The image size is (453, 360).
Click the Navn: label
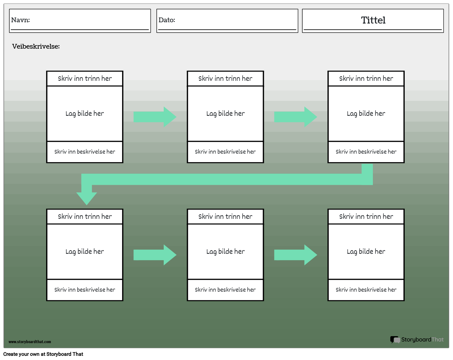tap(20, 20)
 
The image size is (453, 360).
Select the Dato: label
tap(167, 20)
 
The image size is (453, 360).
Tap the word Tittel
tap(373, 20)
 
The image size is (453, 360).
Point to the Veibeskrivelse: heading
tap(36, 46)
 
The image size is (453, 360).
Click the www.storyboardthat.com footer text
tap(30, 342)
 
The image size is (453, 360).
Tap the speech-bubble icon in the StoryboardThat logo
tap(395, 340)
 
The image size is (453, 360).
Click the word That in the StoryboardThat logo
tap(437, 340)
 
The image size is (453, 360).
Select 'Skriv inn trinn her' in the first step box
tap(85, 79)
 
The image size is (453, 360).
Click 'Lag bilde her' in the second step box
tap(225, 114)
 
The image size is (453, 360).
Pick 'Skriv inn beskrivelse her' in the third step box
tap(366, 152)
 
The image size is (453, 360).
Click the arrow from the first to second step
tap(155, 117)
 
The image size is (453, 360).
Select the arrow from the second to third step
tap(295, 117)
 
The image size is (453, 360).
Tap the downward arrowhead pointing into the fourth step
tap(86, 198)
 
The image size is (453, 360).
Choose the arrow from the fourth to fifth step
tap(155, 255)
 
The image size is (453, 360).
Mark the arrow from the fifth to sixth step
tap(295, 255)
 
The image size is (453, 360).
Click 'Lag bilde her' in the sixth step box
tap(366, 252)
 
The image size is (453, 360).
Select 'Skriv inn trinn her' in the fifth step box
tap(225, 217)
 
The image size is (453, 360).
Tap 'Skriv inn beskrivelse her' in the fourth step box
tap(85, 290)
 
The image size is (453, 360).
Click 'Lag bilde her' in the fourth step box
tap(85, 252)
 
